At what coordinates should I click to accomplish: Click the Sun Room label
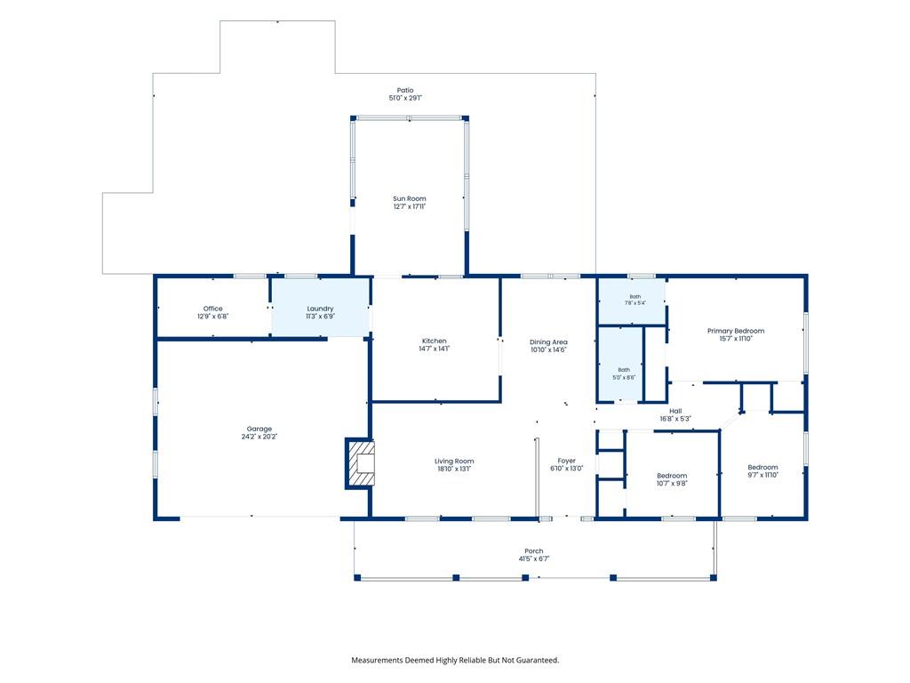tap(409, 198)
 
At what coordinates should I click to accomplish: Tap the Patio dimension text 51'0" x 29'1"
tap(405, 98)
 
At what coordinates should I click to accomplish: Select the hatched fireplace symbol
tap(361, 462)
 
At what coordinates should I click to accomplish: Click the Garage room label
tap(259, 429)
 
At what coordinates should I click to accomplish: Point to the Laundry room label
tap(320, 309)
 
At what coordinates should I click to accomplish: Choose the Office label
tap(213, 309)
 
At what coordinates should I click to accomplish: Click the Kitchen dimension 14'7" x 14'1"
tap(434, 349)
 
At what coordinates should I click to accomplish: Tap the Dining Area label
tap(548, 342)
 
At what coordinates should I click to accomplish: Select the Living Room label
tap(454, 462)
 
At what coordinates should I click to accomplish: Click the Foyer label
tap(566, 461)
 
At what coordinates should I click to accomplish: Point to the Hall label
tap(675, 411)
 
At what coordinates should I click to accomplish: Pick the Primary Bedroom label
tap(736, 331)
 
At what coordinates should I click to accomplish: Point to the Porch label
tap(534, 551)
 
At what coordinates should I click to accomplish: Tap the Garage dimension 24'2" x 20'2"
tap(259, 437)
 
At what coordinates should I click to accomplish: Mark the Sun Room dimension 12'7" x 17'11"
tap(409, 206)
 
